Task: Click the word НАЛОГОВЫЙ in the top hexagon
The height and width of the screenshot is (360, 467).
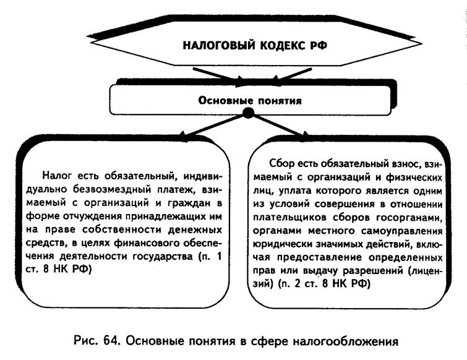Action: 219,46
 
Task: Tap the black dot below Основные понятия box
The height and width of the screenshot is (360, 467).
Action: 248,113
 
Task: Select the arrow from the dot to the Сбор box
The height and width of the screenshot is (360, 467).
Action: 279,126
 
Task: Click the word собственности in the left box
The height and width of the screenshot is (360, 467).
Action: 122,229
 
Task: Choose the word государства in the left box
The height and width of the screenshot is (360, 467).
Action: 162,256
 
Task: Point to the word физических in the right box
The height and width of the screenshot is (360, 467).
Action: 414,178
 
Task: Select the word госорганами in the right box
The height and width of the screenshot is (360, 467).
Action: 409,218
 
